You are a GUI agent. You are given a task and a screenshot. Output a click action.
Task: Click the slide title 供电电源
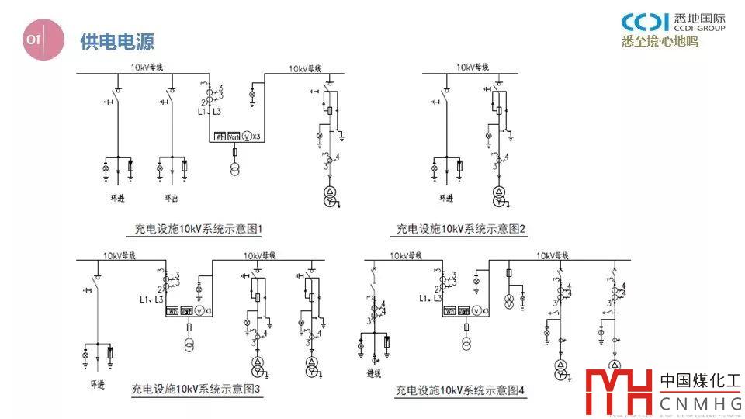coord(117,41)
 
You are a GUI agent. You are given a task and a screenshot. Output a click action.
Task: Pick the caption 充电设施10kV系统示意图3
coord(196,389)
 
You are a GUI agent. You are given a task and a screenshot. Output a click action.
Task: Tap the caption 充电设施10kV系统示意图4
coord(461,390)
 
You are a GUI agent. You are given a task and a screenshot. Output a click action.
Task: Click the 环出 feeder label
coord(172,198)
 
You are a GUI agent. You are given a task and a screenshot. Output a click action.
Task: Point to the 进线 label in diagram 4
coord(375,372)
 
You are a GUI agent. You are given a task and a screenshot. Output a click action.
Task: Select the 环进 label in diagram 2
coord(445,198)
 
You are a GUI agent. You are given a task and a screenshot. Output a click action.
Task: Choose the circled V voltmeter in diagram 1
coord(248,136)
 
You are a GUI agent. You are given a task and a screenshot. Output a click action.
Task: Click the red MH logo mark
coord(619,391)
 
